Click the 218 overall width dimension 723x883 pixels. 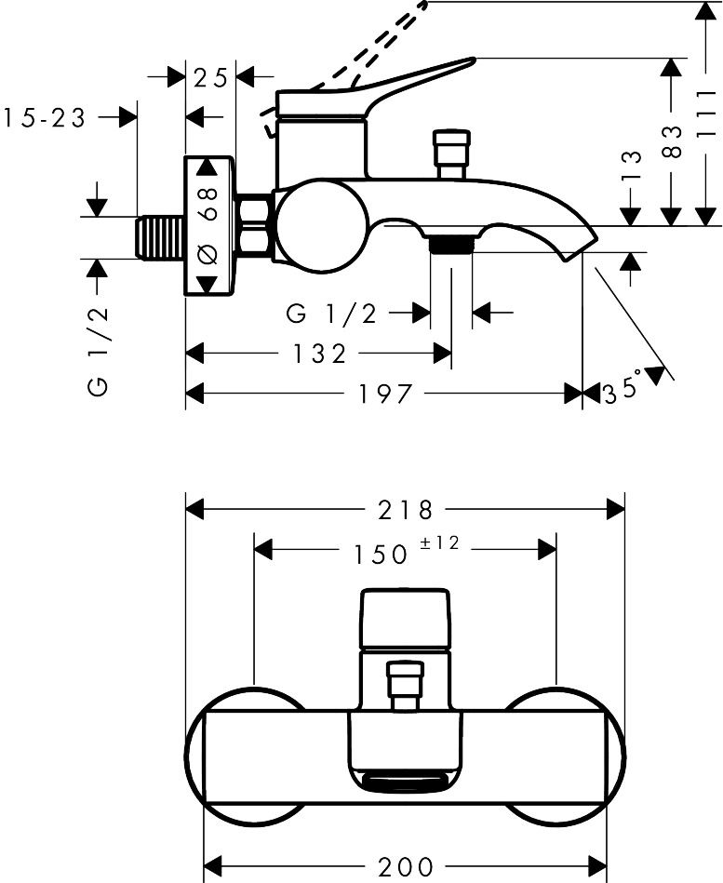[406, 510]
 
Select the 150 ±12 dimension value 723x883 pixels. [406, 552]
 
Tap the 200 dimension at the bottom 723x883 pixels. [406, 868]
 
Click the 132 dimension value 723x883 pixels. [318, 354]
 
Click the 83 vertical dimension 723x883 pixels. [676, 140]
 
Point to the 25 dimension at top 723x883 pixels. [211, 78]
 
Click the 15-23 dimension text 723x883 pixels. [45, 118]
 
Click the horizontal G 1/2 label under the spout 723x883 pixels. [332, 314]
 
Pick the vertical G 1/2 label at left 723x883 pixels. [100, 350]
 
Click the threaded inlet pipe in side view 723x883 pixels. [159, 237]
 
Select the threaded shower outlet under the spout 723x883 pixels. [451, 245]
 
